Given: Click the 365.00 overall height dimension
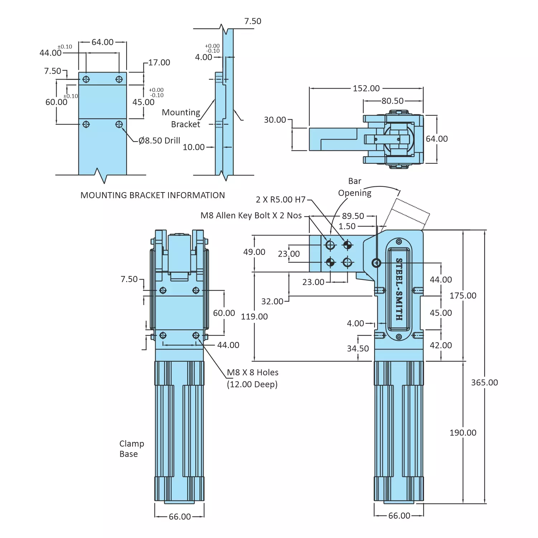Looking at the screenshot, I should [x=484, y=382].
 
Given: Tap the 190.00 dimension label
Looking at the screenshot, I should [x=463, y=433].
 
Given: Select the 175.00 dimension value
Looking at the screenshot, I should [x=463, y=296].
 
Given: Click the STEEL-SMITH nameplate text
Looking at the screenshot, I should [x=399, y=289].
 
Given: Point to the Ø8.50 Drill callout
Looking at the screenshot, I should [x=160, y=141].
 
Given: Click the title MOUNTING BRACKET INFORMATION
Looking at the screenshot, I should [x=153, y=195].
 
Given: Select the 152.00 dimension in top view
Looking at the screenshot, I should [x=366, y=89].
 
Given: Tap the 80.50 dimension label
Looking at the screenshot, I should [x=392, y=101].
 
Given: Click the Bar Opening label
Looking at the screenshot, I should [x=355, y=187].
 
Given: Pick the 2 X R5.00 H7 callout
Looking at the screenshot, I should [x=281, y=200].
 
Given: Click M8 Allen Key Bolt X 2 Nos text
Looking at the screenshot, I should [x=251, y=215].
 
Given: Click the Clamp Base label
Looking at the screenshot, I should [x=131, y=449].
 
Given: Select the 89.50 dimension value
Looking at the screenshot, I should [x=353, y=216].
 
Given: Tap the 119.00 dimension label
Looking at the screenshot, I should [x=254, y=316].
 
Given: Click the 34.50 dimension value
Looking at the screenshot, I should [x=358, y=348].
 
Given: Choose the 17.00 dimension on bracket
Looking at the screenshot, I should [x=159, y=63].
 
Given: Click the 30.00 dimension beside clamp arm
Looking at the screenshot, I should [x=275, y=120].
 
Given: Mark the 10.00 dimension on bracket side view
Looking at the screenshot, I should [x=194, y=147].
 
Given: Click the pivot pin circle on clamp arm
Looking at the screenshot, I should [x=376, y=263].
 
